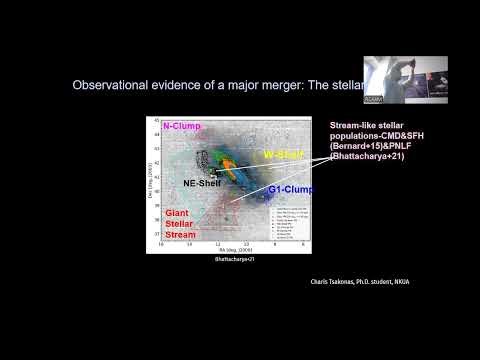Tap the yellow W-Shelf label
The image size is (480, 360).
tap(283, 155)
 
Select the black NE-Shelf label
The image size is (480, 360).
tap(203, 183)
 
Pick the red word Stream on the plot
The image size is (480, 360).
tap(181, 235)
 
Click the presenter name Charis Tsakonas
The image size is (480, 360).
tap(340, 281)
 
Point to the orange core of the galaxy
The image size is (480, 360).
tap(232, 171)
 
